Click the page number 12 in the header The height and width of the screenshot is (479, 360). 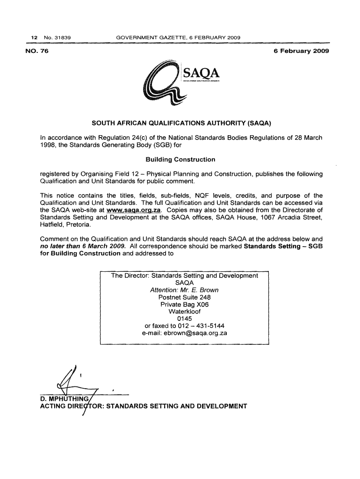pyautogui.click(x=33, y=37)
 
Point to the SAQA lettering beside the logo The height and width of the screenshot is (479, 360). pyautogui.click(x=202, y=74)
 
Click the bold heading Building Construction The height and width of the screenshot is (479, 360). pyautogui.click(x=180, y=160)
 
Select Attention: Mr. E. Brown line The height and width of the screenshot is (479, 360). pyautogui.click(x=184, y=290)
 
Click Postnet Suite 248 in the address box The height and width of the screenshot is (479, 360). pyautogui.click(x=185, y=298)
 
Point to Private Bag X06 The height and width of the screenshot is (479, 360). pyautogui.click(x=184, y=305)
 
